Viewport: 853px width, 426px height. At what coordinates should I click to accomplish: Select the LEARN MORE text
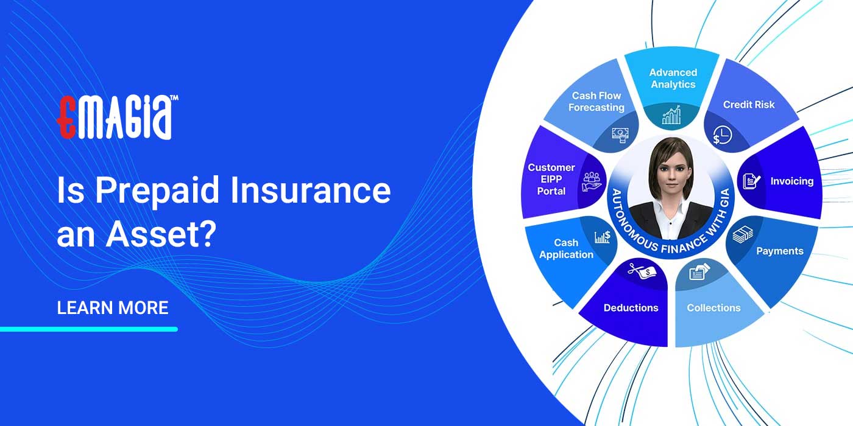click(113, 308)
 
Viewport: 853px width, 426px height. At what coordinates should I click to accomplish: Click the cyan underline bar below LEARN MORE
click(89, 329)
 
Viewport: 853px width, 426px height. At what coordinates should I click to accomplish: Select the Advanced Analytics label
click(673, 79)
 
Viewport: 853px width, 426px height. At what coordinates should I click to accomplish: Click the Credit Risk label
click(749, 105)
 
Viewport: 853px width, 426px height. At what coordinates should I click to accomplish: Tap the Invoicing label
click(791, 181)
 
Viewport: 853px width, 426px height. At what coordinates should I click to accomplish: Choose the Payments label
click(779, 251)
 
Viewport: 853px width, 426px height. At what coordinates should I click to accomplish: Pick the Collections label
click(713, 308)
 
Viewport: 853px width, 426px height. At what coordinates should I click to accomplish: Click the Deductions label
click(631, 308)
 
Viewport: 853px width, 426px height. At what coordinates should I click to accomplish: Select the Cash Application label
click(566, 249)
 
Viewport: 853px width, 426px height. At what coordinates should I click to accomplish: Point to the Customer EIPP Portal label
click(551, 179)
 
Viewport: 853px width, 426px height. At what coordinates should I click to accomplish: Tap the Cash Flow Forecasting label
click(596, 102)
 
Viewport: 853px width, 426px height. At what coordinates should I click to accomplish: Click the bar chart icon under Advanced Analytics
click(671, 115)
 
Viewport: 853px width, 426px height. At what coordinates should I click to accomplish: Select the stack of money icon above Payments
click(743, 234)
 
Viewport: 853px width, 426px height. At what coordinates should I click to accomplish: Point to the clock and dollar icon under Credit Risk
click(722, 136)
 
